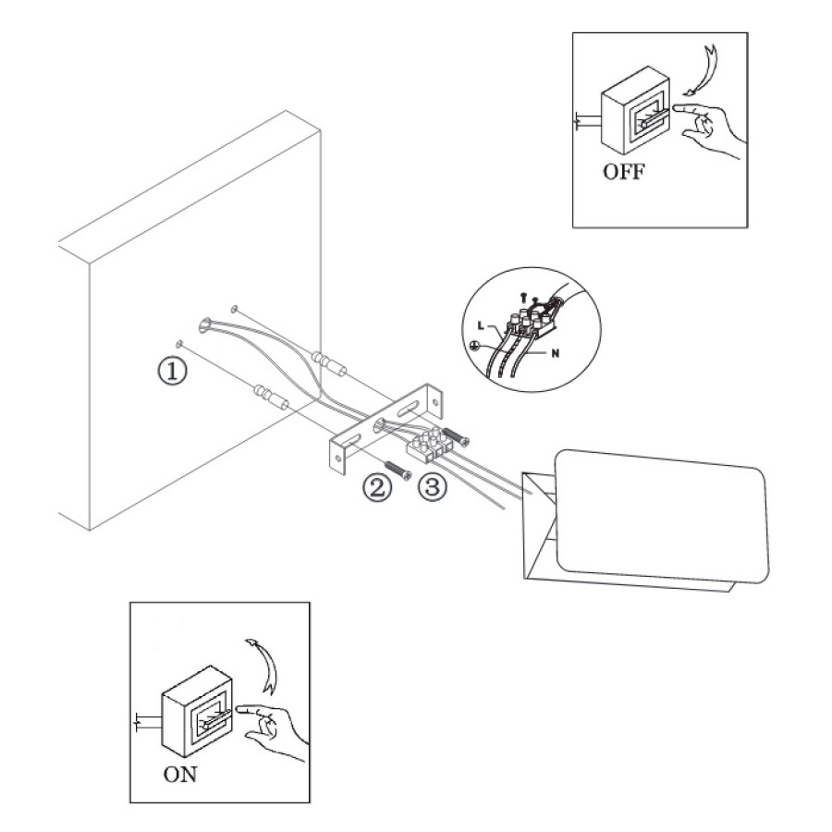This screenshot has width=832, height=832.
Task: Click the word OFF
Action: [624, 171]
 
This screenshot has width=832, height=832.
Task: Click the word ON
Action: [180, 775]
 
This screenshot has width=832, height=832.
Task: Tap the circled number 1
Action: [173, 371]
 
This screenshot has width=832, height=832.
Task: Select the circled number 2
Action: [376, 487]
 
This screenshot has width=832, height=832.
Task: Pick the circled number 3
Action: [433, 486]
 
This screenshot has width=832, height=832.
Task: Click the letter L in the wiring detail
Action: [481, 324]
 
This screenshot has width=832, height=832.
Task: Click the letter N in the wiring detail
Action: [556, 354]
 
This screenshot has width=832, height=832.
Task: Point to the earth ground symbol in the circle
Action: [476, 347]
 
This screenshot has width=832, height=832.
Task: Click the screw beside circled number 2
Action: [398, 470]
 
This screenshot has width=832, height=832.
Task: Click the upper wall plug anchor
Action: [330, 363]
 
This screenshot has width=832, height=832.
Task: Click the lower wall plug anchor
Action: [271, 398]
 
